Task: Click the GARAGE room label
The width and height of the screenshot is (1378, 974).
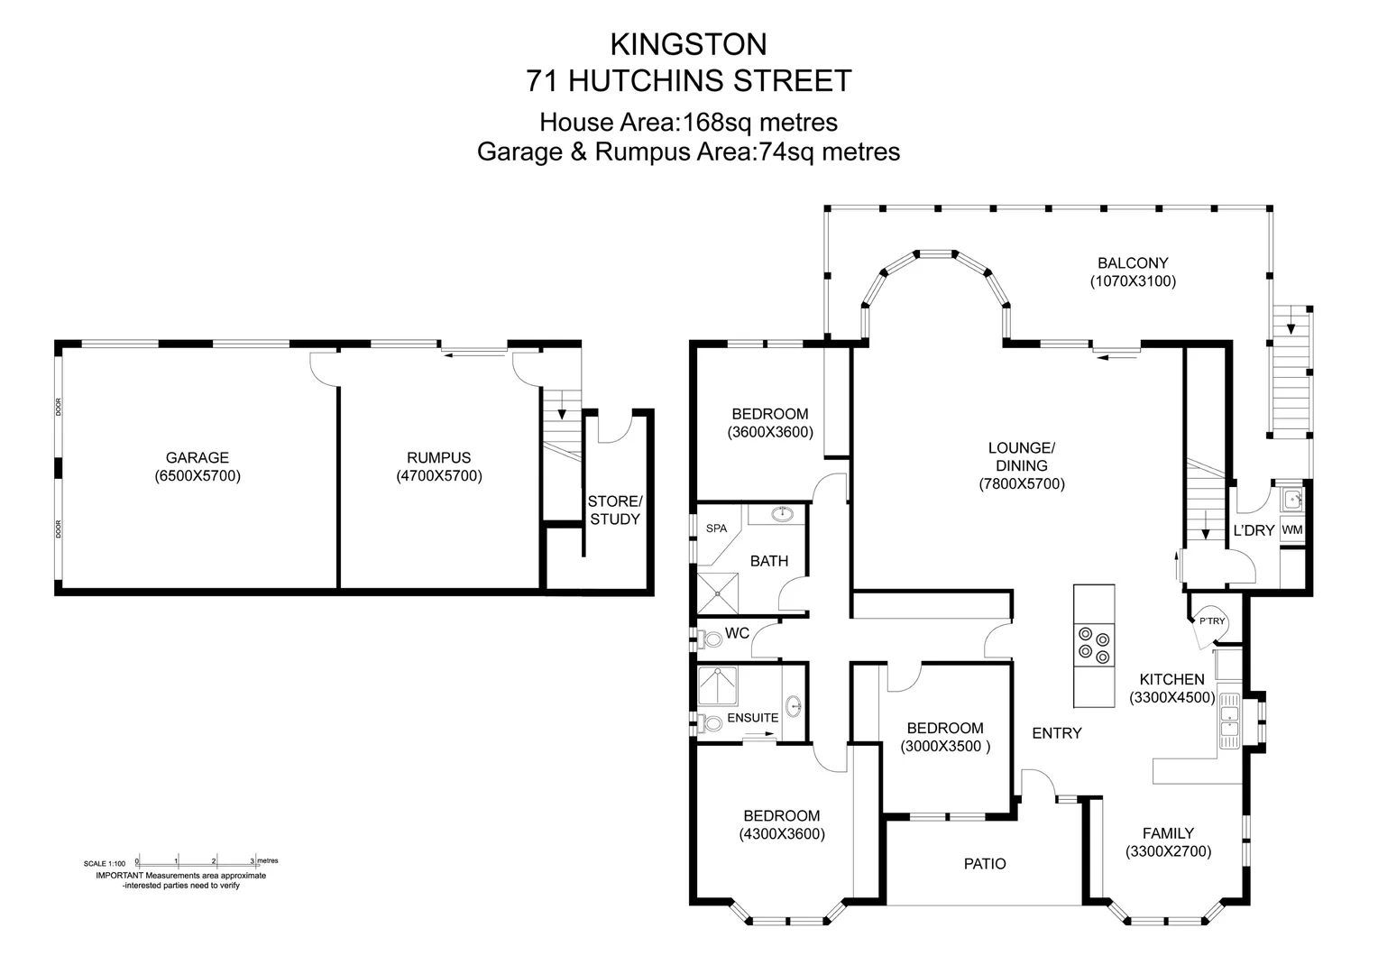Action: click(x=197, y=457)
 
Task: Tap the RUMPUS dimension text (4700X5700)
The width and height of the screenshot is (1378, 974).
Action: click(x=438, y=476)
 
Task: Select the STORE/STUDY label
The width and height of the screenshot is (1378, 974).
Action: click(x=614, y=510)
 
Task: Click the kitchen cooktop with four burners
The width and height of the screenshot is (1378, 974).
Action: click(x=1093, y=644)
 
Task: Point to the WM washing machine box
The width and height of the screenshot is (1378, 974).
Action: click(x=1291, y=530)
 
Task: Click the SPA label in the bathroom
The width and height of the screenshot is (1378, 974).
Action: click(x=716, y=528)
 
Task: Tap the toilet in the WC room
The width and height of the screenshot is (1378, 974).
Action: click(x=712, y=639)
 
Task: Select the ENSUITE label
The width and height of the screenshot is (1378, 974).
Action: click(x=752, y=718)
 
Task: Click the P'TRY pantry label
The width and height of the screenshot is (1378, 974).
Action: click(x=1211, y=620)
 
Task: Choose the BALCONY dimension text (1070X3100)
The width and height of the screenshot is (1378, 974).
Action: click(x=1133, y=281)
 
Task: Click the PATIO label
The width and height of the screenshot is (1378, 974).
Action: click(x=985, y=864)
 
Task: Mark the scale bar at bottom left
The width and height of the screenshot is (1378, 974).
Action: click(x=197, y=862)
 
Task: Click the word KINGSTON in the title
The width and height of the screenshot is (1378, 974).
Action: click(x=688, y=44)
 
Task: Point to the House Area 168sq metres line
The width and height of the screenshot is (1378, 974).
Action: click(x=688, y=122)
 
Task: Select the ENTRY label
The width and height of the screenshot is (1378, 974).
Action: click(x=1056, y=733)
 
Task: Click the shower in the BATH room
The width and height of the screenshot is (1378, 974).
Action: click(x=719, y=593)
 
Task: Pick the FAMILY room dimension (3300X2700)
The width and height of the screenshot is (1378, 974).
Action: click(x=1168, y=851)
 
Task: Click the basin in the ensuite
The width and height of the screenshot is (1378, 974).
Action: click(x=793, y=704)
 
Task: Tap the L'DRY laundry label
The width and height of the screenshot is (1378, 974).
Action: click(x=1254, y=530)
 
